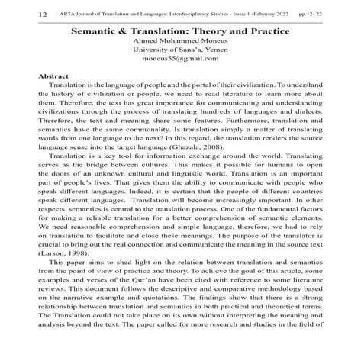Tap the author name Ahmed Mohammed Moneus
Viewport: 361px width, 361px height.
click(x=181, y=47)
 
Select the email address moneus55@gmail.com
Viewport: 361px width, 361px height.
click(x=180, y=70)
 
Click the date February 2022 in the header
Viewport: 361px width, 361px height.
click(x=272, y=15)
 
